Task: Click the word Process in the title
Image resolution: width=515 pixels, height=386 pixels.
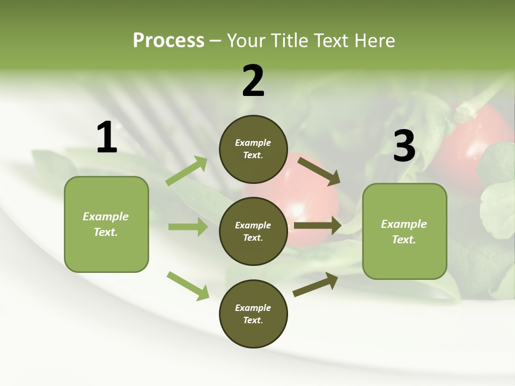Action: tap(168, 40)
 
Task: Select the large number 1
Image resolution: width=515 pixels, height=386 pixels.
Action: tap(107, 138)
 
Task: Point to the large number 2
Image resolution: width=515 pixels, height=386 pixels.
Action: tap(253, 81)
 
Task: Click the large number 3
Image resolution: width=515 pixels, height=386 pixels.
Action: tap(404, 146)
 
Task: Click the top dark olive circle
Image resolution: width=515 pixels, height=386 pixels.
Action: tap(253, 149)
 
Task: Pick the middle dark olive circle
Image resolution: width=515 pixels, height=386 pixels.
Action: tap(253, 231)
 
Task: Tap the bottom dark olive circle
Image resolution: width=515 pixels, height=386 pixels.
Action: tap(253, 314)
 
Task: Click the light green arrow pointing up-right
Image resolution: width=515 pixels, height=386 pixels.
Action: tap(187, 171)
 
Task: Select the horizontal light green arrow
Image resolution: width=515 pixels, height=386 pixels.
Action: tap(188, 227)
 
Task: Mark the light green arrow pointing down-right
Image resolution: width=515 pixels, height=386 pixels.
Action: tap(188, 286)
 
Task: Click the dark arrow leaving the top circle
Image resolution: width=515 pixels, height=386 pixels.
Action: tap(319, 171)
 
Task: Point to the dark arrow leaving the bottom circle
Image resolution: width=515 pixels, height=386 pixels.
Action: tap(315, 284)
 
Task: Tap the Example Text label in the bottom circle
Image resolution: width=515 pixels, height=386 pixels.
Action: tap(253, 314)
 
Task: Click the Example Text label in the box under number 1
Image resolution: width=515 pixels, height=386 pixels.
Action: tap(106, 224)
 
